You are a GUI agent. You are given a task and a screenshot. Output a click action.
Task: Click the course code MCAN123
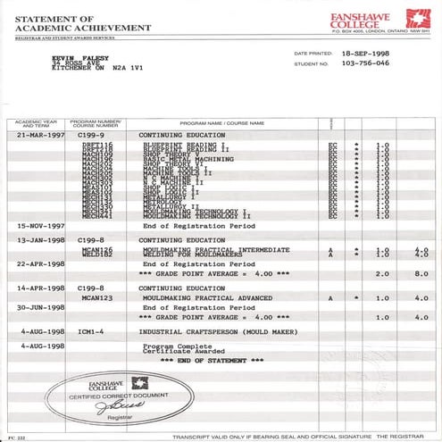point(97,297)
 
